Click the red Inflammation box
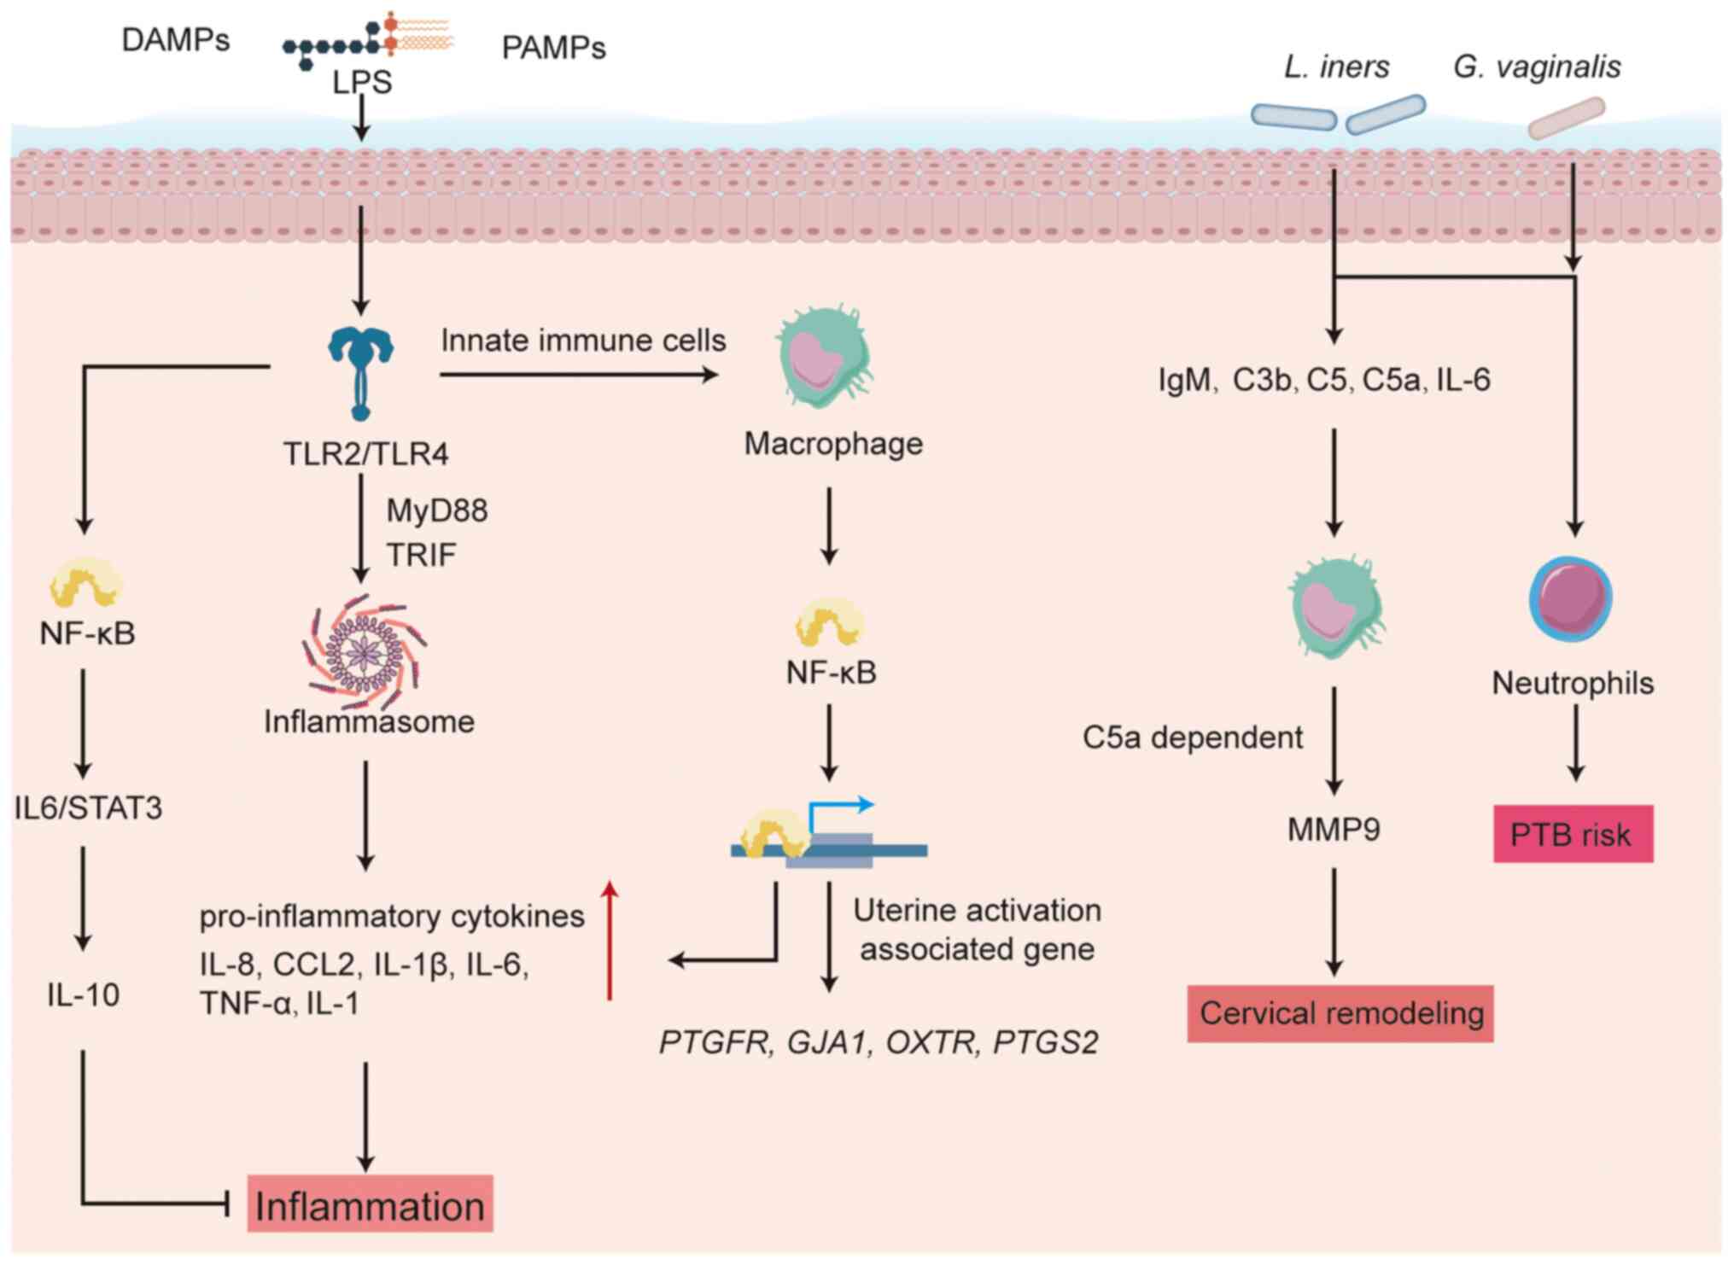(x=370, y=1204)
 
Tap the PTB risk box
(x=1572, y=834)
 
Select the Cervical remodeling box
(x=1340, y=1013)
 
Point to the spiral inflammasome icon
(x=365, y=653)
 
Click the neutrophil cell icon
(x=1570, y=598)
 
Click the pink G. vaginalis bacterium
(x=1566, y=119)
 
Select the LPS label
(x=362, y=83)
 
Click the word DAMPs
(x=176, y=40)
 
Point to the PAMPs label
(x=553, y=48)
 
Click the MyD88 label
(x=437, y=510)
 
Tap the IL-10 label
(x=83, y=994)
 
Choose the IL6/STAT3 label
(x=88, y=807)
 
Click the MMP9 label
(x=1334, y=829)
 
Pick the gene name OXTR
(x=930, y=1042)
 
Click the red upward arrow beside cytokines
(x=610, y=939)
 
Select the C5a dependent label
(x=1192, y=737)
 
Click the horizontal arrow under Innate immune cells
(x=579, y=374)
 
